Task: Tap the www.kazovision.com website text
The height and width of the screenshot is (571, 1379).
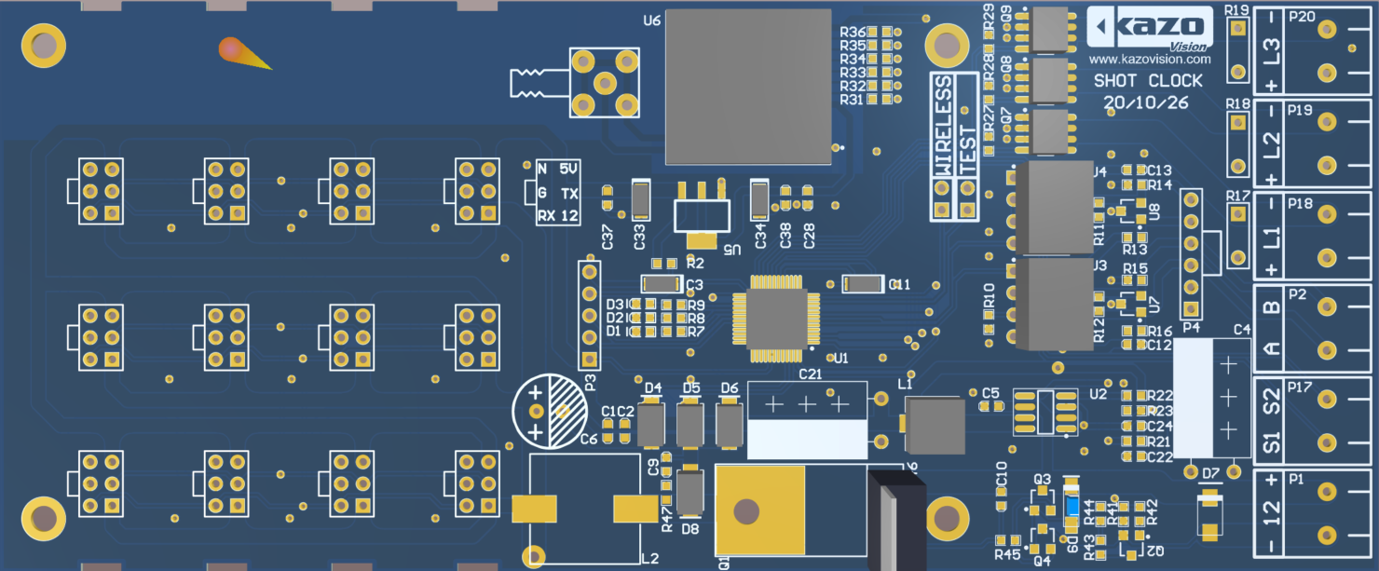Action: tap(1150, 59)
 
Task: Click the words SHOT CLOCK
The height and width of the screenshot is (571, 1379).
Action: tap(1148, 81)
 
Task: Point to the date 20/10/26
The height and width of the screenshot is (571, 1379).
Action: tap(1146, 103)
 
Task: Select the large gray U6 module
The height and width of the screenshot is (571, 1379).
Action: tap(748, 86)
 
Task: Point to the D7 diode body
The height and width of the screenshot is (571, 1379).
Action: tap(1209, 513)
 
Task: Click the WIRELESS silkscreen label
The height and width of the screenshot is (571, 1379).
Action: tap(943, 127)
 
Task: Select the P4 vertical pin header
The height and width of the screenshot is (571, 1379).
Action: tap(1190, 253)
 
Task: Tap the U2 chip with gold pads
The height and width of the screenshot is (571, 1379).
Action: tap(1044, 412)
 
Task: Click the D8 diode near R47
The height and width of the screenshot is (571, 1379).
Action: tap(689, 493)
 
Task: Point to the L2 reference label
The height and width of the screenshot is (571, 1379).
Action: tap(650, 558)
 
